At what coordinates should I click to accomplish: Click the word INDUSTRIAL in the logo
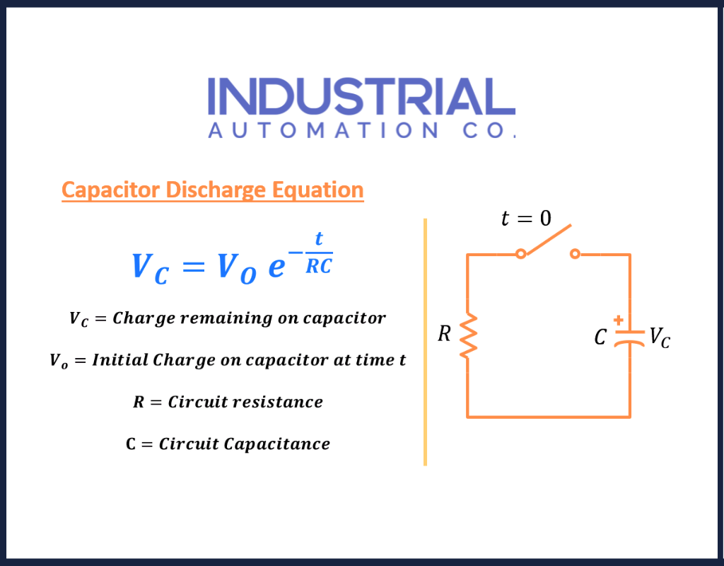361,96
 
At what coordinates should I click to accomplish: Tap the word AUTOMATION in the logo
323,130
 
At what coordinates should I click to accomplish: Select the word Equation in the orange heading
317,190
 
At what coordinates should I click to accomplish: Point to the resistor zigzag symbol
468,335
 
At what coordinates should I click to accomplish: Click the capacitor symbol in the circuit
629,338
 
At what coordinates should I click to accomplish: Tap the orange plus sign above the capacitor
618,320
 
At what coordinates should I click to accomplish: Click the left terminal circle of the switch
521,254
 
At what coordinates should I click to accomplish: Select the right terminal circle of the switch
575,254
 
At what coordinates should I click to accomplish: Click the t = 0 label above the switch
526,218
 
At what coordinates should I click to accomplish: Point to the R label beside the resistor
444,334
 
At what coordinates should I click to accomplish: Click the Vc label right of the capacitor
660,337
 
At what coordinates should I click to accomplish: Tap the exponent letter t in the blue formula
319,238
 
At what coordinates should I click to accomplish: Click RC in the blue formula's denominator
319,267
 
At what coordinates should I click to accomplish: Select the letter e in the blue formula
276,267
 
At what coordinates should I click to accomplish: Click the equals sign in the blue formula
194,267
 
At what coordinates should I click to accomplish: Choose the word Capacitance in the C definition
277,444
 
